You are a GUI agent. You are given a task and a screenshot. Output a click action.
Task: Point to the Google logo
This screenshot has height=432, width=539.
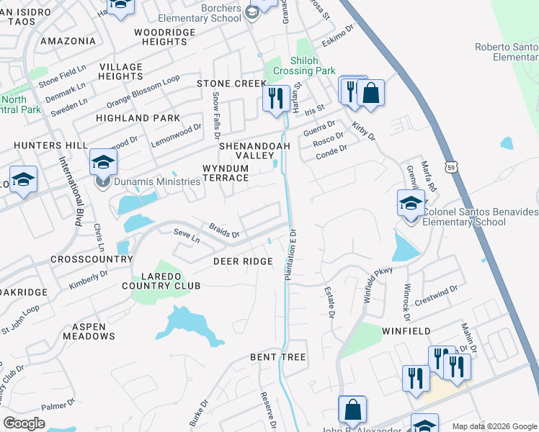pyautogui.click(x=24, y=423)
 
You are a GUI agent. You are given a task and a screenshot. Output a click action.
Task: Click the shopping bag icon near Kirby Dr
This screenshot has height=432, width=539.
pyautogui.click(x=370, y=94)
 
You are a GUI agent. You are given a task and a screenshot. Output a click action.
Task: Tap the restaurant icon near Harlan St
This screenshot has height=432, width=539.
pyautogui.click(x=275, y=99)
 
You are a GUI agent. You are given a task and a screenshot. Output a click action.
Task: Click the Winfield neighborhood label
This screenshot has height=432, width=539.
pyautogui.click(x=406, y=331)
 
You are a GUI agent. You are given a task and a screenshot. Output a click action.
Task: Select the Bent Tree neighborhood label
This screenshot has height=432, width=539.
pyautogui.click(x=277, y=357)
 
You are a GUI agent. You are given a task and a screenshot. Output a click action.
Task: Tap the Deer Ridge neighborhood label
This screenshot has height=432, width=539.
pyautogui.click(x=243, y=261)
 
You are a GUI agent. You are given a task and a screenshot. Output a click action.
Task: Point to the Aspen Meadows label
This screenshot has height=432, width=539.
pyautogui.click(x=89, y=331)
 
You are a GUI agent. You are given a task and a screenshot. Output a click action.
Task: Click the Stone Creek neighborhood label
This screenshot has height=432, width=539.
pyautogui.click(x=226, y=84)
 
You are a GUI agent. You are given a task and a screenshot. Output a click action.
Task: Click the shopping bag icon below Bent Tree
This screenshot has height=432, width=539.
pyautogui.click(x=352, y=410)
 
